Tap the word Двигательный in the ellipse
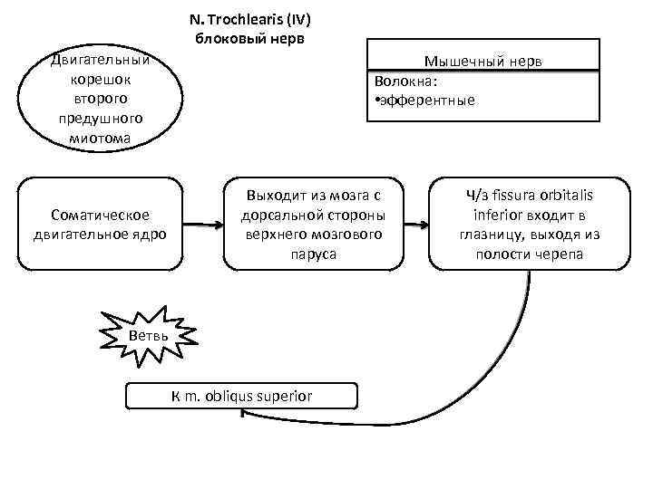101,61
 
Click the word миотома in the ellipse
100,138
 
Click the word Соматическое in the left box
101,214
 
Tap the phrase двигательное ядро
101,233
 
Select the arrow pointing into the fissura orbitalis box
416,223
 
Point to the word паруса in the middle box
314,254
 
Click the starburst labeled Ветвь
148,336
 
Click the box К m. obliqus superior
242,396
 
